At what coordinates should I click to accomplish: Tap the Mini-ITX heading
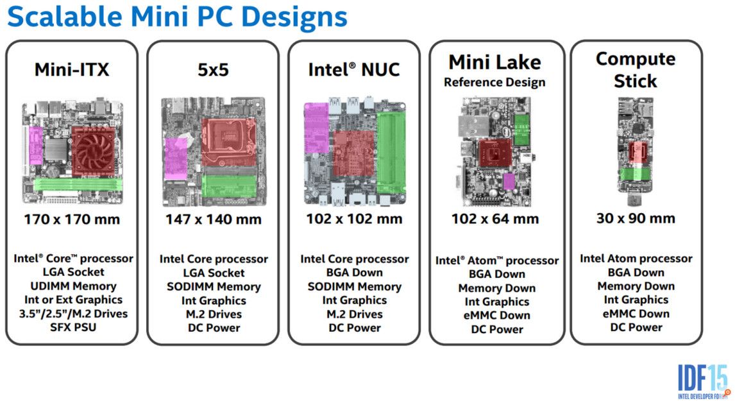72,69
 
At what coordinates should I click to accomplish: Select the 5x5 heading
214,70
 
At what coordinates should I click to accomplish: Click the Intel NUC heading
354,69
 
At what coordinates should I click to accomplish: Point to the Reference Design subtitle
494,82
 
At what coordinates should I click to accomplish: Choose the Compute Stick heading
636,69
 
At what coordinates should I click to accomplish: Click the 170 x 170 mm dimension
72,219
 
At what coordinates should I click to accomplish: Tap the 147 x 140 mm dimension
214,219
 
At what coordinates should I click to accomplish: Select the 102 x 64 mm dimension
495,219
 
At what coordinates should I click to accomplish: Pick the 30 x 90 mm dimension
636,218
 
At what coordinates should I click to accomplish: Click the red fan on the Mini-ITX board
93,149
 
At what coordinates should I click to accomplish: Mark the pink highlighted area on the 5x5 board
176,158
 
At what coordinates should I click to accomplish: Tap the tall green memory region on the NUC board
391,153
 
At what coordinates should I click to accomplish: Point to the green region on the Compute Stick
636,174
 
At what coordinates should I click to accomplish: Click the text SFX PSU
73,327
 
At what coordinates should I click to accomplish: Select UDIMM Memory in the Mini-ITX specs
74,286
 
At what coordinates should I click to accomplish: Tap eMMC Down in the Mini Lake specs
497,315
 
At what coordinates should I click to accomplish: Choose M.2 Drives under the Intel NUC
355,314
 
